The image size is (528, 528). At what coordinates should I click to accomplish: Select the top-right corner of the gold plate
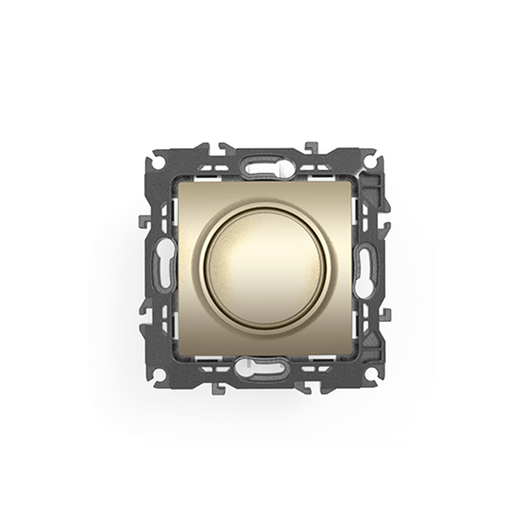349,183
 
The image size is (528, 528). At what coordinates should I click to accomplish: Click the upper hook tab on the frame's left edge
143,220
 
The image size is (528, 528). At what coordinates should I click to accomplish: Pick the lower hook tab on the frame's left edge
143,308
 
